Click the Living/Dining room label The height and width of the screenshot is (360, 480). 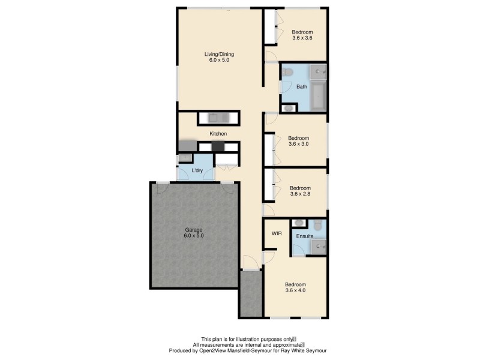[219, 53]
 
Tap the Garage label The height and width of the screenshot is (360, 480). [194, 229]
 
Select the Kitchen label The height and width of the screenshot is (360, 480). [218, 133]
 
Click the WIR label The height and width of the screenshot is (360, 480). [277, 233]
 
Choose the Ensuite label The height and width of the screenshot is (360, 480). [304, 236]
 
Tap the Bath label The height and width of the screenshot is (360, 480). [301, 87]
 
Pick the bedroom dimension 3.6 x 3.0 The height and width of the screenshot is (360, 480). [298, 144]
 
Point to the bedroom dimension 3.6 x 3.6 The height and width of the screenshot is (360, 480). [302, 38]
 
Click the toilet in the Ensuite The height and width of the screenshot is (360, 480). [317, 225]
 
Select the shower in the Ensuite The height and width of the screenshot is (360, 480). [318, 245]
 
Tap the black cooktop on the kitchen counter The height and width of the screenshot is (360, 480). [218, 146]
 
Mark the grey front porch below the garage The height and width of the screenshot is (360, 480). [251, 294]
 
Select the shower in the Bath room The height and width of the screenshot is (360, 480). [318, 71]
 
